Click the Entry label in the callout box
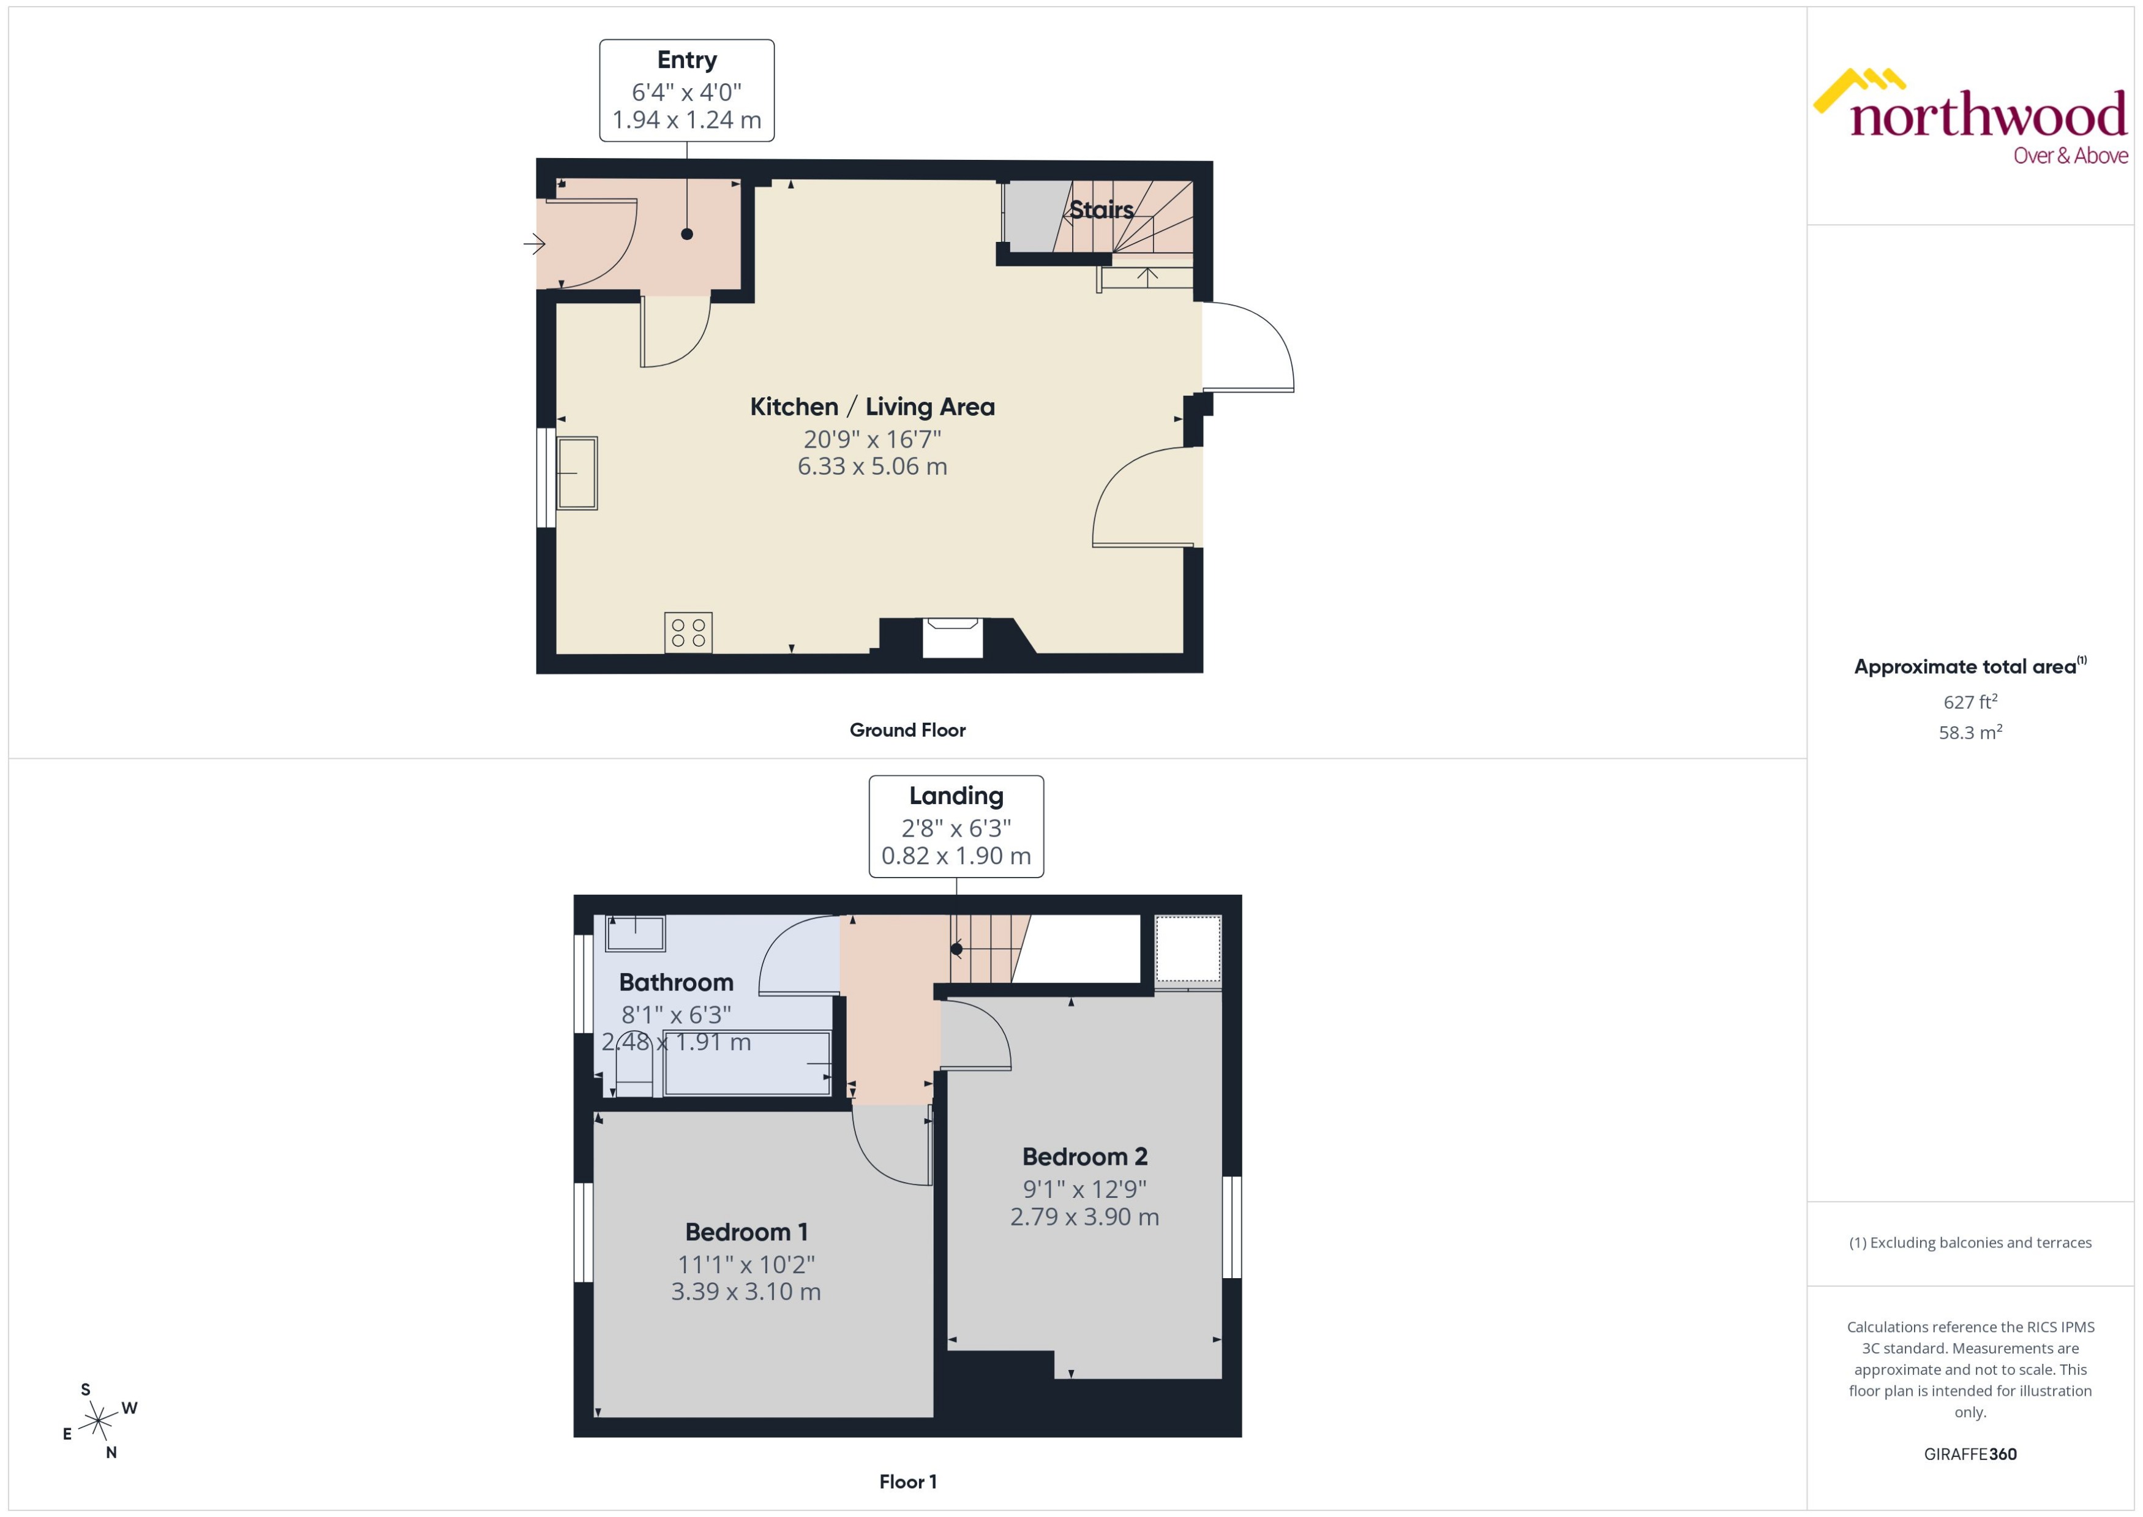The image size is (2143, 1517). [686, 60]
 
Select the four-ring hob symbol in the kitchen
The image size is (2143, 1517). [688, 633]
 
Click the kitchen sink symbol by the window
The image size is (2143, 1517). [577, 473]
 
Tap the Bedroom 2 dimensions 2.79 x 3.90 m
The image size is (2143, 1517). [1084, 1216]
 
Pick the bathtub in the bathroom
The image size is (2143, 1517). [747, 1063]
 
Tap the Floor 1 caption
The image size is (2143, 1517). [907, 1481]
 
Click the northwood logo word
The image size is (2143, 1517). [1988, 117]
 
